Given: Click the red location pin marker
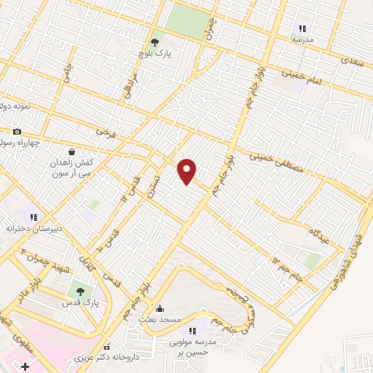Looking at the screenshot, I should [x=188, y=171].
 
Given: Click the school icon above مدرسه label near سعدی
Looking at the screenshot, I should [x=300, y=29].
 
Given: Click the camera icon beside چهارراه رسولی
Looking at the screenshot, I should [x=17, y=132].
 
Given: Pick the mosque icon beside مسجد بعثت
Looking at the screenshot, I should [x=160, y=308].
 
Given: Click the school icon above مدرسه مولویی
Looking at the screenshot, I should [x=193, y=331].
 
